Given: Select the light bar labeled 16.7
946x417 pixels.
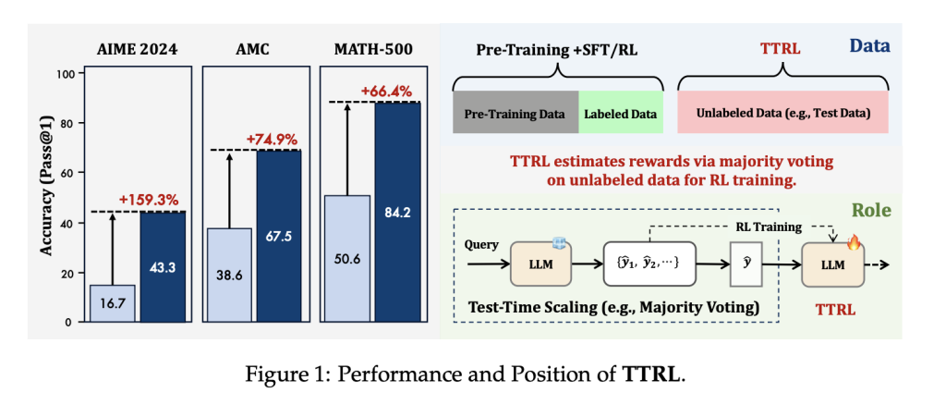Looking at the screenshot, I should (x=113, y=303).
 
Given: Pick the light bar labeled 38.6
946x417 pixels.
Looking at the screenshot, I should (x=228, y=275).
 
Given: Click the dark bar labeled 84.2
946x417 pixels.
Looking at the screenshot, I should (x=395, y=212).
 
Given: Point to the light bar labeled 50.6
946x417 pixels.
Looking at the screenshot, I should (x=346, y=259).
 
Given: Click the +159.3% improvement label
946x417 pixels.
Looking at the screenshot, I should (x=150, y=200).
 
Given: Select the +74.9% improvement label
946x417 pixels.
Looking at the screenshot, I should (x=272, y=140).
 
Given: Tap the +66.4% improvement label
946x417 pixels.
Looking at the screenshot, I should (x=388, y=92).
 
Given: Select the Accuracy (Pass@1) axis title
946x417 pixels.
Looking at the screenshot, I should (x=45, y=198).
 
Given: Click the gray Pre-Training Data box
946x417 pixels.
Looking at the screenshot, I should (x=515, y=115).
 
